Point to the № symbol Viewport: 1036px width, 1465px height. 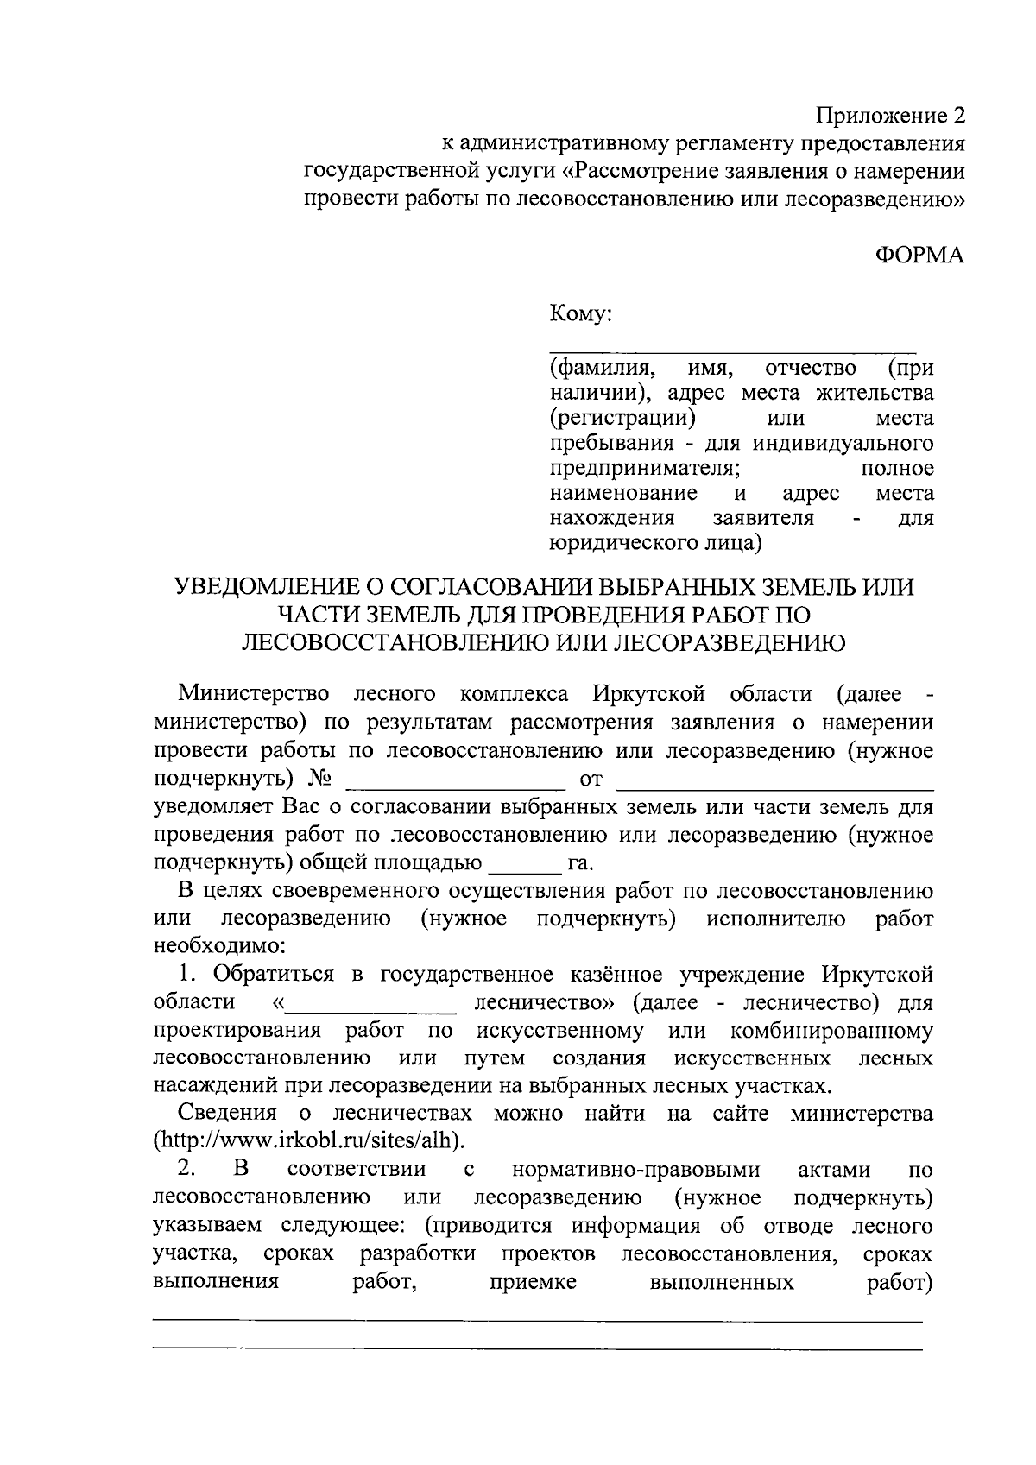coord(319,779)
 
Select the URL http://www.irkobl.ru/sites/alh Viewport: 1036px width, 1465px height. coord(309,1140)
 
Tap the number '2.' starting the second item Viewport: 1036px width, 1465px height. coord(187,1170)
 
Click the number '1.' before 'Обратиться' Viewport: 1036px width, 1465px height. coord(189,975)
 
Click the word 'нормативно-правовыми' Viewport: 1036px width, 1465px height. coord(636,1170)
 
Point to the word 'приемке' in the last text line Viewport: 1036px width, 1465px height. coord(533,1281)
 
